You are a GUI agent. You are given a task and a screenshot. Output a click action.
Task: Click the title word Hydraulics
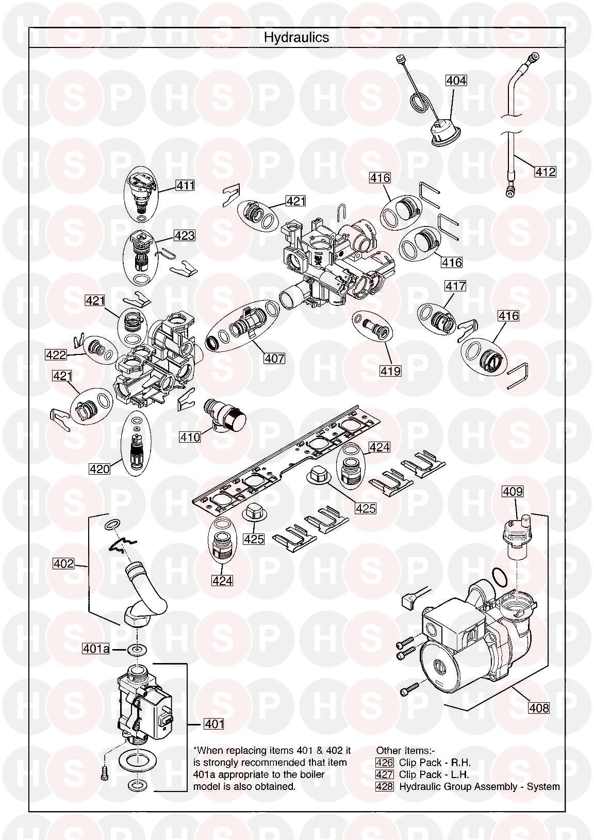click(x=296, y=37)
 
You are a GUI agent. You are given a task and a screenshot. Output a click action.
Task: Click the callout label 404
click(x=456, y=80)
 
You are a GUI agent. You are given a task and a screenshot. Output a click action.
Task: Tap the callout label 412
click(x=545, y=171)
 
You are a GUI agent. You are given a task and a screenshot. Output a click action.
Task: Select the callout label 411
click(x=185, y=185)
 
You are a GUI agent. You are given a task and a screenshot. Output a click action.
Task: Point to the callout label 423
click(x=185, y=236)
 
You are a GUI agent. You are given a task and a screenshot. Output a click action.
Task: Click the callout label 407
click(x=274, y=358)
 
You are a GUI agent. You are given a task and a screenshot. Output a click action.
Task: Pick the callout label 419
click(x=390, y=370)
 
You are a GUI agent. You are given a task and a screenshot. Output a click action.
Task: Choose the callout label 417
click(x=456, y=286)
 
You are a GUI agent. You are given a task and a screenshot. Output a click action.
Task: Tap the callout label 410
click(x=190, y=437)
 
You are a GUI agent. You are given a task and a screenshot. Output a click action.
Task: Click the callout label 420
click(x=100, y=469)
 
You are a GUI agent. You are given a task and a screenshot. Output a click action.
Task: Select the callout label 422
click(x=56, y=355)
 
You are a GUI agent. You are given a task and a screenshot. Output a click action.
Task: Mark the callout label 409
click(x=513, y=492)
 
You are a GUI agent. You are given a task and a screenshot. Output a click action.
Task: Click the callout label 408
click(x=538, y=708)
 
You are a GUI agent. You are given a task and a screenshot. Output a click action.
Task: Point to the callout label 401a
click(x=96, y=649)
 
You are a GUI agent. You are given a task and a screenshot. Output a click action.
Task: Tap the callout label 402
click(x=63, y=564)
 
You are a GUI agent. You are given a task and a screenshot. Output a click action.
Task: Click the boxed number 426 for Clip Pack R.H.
click(x=385, y=763)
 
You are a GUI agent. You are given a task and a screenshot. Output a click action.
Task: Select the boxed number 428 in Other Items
click(x=385, y=787)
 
